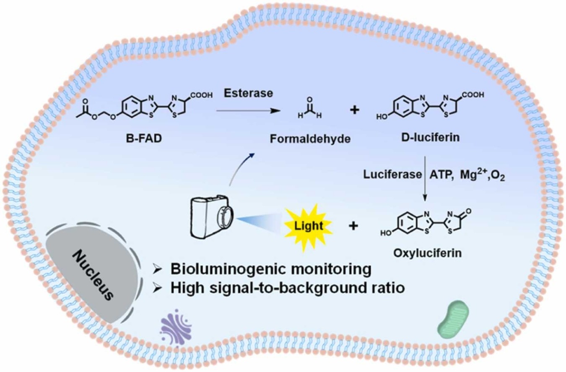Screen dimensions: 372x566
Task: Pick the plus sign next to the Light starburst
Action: (353, 226)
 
